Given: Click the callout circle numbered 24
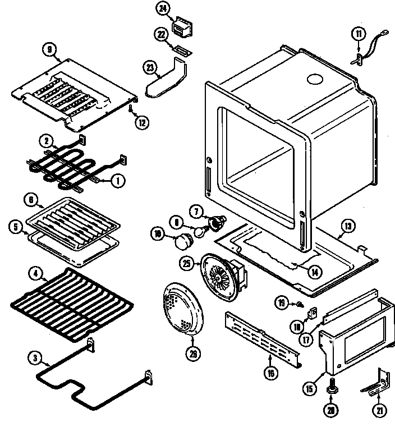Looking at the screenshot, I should click(162, 10).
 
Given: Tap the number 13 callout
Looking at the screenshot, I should click(348, 227).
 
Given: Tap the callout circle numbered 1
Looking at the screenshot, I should click(118, 180).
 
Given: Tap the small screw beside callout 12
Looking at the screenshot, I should click(131, 108).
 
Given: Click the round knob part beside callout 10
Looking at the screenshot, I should click(183, 243).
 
